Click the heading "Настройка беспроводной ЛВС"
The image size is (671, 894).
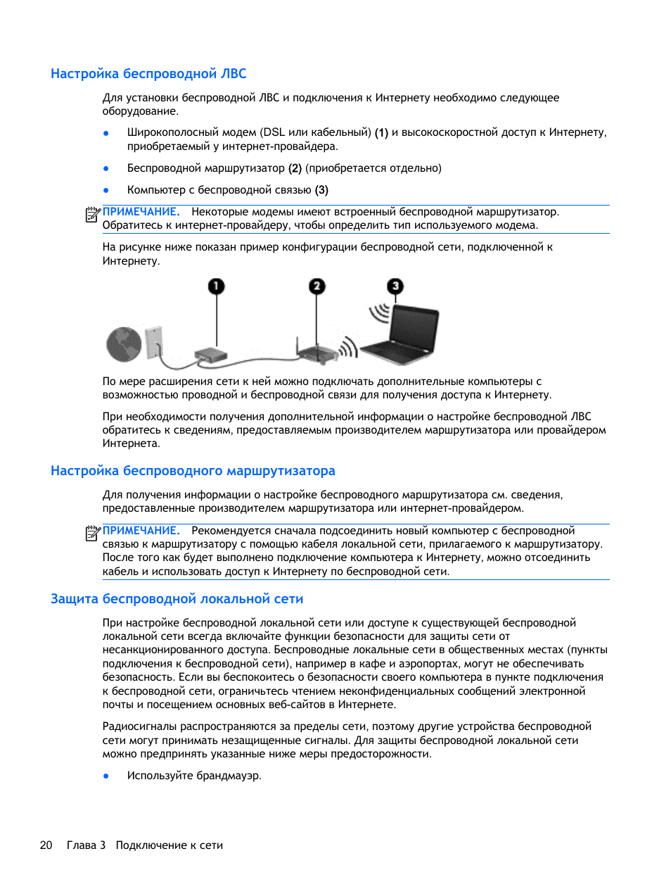click(x=148, y=74)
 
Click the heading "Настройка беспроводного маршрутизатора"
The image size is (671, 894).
click(x=193, y=471)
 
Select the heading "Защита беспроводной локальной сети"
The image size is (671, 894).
click(x=177, y=599)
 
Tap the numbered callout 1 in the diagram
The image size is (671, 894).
click(x=216, y=286)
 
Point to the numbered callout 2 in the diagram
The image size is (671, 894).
click(x=317, y=286)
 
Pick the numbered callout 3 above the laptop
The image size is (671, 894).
click(x=395, y=286)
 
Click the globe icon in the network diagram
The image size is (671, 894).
click(x=124, y=344)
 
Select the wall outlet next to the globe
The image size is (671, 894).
click(x=153, y=341)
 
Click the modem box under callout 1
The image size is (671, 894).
click(x=211, y=355)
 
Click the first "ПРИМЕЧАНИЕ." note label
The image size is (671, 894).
click(x=141, y=212)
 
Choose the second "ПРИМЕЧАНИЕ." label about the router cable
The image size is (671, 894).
click(x=141, y=531)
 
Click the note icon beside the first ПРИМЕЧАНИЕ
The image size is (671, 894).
click(x=93, y=214)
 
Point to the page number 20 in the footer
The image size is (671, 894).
click(x=46, y=845)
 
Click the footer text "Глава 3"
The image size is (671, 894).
click(x=86, y=845)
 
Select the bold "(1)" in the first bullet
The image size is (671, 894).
click(x=381, y=132)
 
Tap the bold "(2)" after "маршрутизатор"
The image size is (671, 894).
click(x=295, y=168)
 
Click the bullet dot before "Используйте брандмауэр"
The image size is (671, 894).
click(x=106, y=776)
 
